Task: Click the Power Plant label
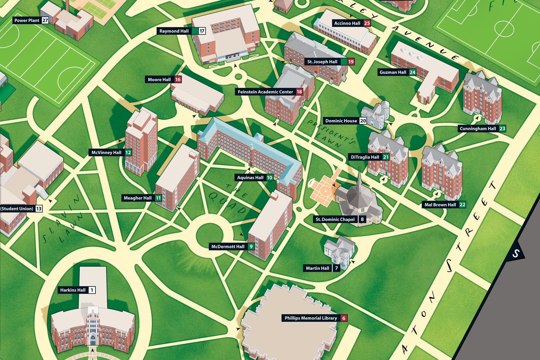click(27, 21)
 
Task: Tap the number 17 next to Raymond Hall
click(202, 31)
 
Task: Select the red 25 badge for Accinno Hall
click(367, 23)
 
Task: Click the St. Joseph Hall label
click(322, 62)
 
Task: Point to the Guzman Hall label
click(393, 72)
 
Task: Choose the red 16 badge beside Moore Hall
click(178, 79)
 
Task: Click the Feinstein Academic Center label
click(265, 92)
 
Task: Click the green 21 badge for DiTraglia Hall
click(386, 157)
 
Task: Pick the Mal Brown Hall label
click(440, 205)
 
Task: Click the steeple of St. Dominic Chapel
click(359, 177)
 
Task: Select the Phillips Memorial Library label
click(310, 318)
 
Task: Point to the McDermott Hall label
click(228, 247)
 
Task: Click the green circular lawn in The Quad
click(210, 234)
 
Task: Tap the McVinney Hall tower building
click(141, 141)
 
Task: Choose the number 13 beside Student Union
click(39, 208)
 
